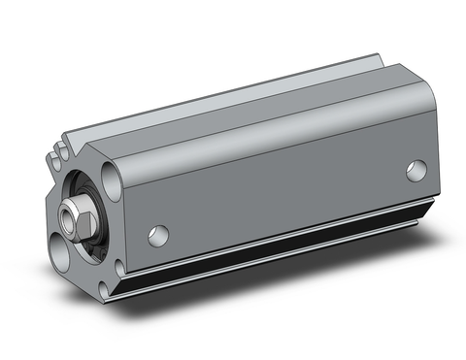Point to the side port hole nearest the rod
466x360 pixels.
click(158, 234)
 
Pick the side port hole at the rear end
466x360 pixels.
click(416, 171)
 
